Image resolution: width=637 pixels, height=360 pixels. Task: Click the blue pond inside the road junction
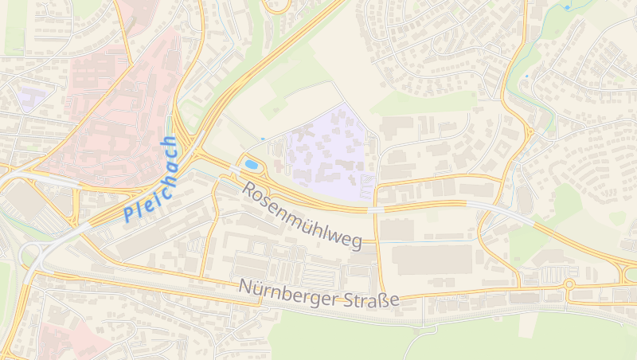[252, 164]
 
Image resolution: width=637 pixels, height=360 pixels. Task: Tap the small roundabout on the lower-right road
[569, 284]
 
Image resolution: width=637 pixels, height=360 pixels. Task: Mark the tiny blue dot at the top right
[567, 7]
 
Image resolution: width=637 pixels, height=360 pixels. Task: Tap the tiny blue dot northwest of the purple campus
[263, 139]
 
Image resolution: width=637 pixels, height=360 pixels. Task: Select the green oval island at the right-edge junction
[630, 275]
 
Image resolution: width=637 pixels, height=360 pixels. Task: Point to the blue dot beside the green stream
[526, 76]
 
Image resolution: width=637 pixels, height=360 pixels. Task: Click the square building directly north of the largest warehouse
[397, 229]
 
